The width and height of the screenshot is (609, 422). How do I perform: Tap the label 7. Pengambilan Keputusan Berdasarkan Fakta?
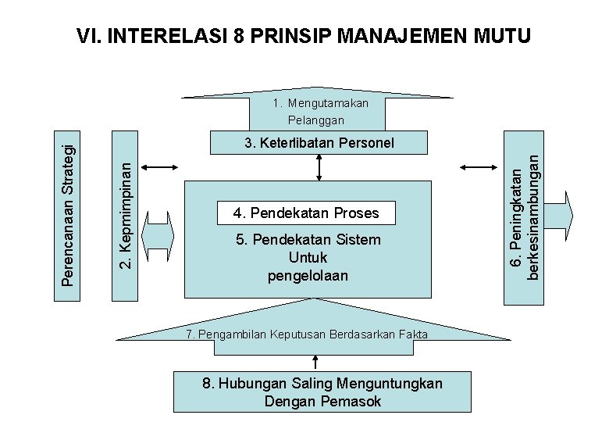[307, 334]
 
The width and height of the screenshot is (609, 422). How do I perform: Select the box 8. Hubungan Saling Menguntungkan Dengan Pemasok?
[322, 392]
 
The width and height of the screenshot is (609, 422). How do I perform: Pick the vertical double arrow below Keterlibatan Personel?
[319, 166]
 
